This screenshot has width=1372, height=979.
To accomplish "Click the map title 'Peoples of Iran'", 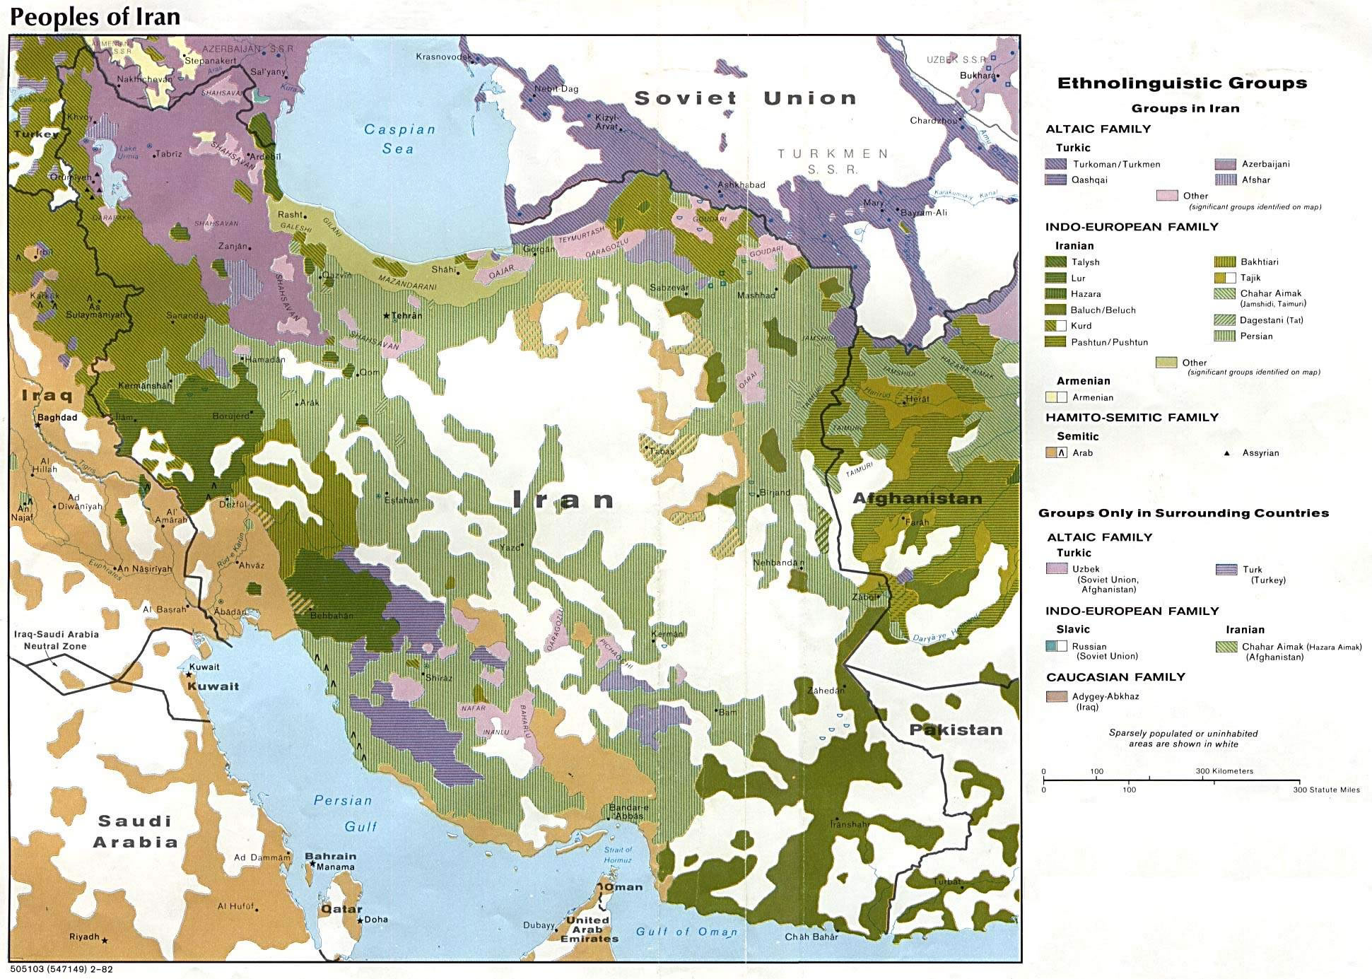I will click(x=95, y=16).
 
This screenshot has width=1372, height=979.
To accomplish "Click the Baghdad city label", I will click(x=57, y=418).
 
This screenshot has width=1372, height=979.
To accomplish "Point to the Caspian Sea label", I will click(x=399, y=139).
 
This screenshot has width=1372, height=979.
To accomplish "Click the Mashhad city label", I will click(x=756, y=295).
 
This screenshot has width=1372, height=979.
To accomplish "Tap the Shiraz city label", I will click(x=438, y=677).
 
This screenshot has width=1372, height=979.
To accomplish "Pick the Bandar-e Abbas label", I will click(x=628, y=811).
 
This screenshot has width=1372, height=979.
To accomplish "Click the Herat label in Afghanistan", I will click(x=917, y=399).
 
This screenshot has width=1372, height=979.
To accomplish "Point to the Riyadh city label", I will click(x=84, y=937).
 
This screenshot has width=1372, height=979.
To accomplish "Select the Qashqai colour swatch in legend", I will click(x=1055, y=180).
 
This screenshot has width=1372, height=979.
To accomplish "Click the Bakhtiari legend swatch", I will click(x=1225, y=262).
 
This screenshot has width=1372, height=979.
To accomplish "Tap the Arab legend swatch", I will click(x=1055, y=453).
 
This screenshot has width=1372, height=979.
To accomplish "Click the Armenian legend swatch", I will click(x=1055, y=397).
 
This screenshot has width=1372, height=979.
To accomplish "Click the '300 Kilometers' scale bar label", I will click(x=1224, y=771).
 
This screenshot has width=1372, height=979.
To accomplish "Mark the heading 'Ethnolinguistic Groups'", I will click(x=1182, y=83).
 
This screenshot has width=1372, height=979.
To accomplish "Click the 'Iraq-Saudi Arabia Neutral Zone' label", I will click(x=56, y=640).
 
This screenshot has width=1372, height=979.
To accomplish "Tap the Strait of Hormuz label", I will click(x=618, y=855).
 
